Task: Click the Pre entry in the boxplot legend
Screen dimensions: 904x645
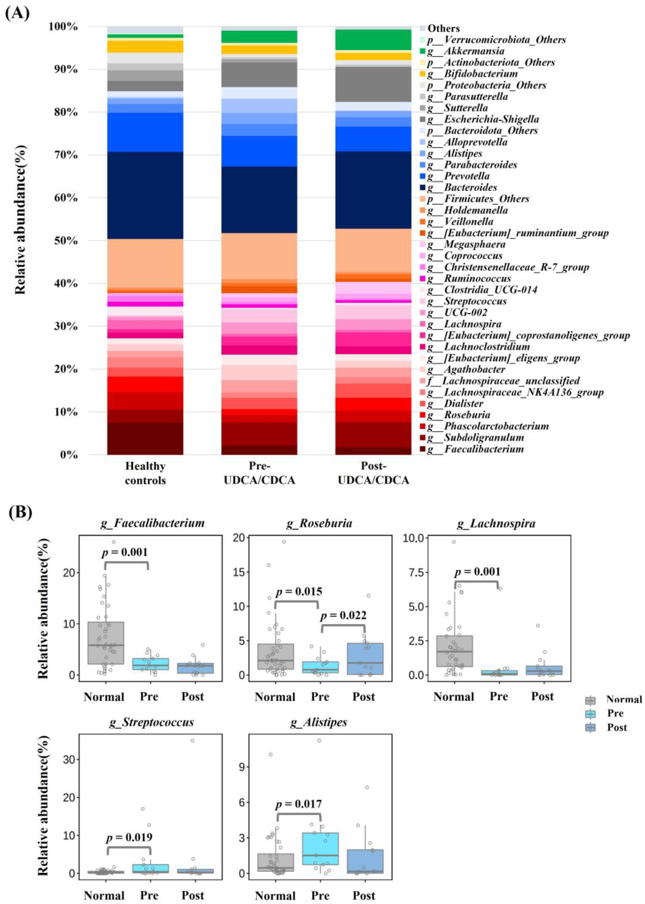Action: pyautogui.click(x=615, y=713)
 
